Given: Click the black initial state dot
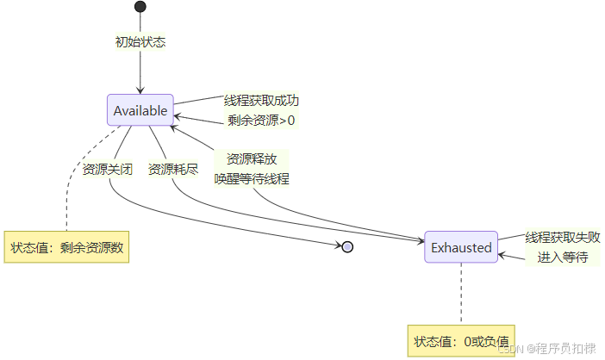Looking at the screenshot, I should tap(140, 7).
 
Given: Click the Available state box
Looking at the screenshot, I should tap(140, 110).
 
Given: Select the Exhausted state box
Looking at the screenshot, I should tap(461, 247).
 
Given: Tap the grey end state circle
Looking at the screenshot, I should tap(348, 247).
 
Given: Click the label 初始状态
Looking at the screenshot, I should tap(140, 41).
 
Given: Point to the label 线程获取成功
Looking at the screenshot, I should tap(261, 101).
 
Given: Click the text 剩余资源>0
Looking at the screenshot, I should tap(261, 120).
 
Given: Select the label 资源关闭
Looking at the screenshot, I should tap(108, 169).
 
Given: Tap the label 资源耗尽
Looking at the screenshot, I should tap(173, 169).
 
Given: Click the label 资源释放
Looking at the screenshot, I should tap(252, 159).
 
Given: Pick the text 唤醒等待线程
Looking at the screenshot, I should tap(252, 179).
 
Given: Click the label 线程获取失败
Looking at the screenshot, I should tap(563, 237).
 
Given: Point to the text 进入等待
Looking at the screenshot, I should tap(563, 257).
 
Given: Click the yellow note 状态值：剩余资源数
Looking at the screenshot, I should tap(67, 247).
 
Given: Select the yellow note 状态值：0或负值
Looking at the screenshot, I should tap(461, 339).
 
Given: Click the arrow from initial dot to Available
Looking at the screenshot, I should tap(140, 73).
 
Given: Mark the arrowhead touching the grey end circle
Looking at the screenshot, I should tap(339, 246).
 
